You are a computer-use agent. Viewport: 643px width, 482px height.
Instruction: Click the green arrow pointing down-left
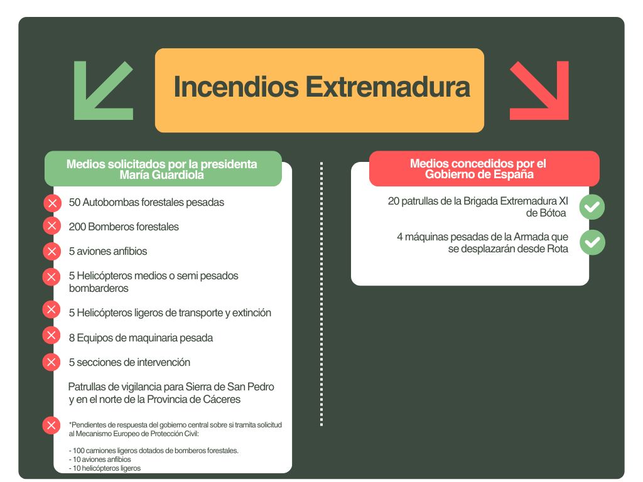point(104,90)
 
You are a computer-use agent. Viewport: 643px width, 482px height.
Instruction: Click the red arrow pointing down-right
point(539,90)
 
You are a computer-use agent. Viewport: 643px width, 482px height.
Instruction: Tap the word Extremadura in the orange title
point(387,87)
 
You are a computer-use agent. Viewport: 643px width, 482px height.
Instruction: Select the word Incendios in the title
point(236,87)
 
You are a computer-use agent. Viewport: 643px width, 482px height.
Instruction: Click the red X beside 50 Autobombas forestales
point(52,203)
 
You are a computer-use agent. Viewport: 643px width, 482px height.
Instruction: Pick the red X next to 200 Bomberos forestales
point(52,226)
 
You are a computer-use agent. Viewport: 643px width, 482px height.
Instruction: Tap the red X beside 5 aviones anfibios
point(52,251)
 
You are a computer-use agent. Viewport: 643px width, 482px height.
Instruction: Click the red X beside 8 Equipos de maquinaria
point(51,335)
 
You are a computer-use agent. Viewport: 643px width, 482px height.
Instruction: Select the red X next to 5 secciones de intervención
point(51,362)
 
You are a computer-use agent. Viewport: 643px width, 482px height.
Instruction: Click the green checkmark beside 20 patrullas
point(592,207)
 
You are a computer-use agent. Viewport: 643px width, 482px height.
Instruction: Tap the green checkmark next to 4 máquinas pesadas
point(592,243)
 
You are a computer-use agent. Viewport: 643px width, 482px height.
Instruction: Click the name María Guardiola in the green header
point(161,175)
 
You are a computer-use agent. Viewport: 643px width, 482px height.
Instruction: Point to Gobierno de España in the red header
point(479,174)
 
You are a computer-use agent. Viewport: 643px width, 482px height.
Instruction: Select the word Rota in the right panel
point(558,249)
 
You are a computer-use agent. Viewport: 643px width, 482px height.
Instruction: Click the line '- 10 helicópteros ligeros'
point(105,468)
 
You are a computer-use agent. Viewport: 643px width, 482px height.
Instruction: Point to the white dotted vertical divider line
point(321,294)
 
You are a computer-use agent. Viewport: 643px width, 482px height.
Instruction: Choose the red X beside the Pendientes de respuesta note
point(51,426)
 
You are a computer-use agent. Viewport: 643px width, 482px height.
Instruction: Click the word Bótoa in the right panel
point(551,213)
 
